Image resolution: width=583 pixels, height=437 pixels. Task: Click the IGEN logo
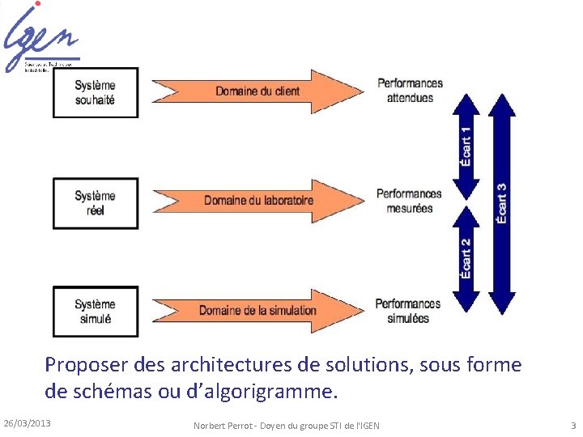click(x=42, y=36)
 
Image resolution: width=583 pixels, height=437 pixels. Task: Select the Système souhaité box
click(x=96, y=92)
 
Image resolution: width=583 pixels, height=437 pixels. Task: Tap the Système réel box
click(x=96, y=203)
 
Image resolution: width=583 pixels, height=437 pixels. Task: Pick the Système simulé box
click(x=96, y=312)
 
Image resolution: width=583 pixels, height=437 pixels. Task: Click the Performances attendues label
click(x=410, y=91)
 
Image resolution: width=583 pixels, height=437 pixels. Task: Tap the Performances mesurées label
click(x=409, y=201)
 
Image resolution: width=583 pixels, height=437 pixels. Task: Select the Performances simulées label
click(x=408, y=311)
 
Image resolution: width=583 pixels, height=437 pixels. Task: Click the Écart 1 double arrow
click(x=466, y=146)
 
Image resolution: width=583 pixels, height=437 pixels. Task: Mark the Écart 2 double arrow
click(x=466, y=259)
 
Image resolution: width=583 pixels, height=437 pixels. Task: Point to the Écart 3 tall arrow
click(x=502, y=203)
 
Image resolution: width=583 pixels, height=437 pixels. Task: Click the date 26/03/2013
click(x=28, y=423)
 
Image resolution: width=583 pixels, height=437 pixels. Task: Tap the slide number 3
click(x=572, y=425)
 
